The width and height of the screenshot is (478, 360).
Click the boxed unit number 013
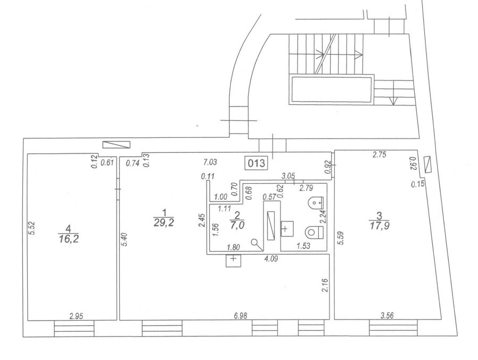click(257, 163)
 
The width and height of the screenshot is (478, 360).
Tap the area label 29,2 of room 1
click(164, 223)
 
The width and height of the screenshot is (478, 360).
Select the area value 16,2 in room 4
click(68, 238)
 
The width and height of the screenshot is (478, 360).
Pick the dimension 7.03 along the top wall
click(210, 162)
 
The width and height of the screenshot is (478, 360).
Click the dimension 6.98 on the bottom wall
click(241, 315)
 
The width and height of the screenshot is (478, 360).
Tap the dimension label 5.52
click(33, 228)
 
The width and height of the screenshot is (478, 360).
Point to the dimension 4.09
click(271, 259)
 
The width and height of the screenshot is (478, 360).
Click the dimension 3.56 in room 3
click(387, 315)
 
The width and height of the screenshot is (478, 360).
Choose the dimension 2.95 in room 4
click(76, 316)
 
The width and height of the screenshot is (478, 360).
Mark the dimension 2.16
click(325, 285)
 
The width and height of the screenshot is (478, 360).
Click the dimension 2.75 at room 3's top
click(379, 154)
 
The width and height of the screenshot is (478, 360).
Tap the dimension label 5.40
click(123, 240)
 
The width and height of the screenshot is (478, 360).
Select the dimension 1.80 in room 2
click(233, 247)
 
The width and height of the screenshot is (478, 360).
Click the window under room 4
click(74, 328)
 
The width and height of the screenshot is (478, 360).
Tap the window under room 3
click(393, 328)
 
